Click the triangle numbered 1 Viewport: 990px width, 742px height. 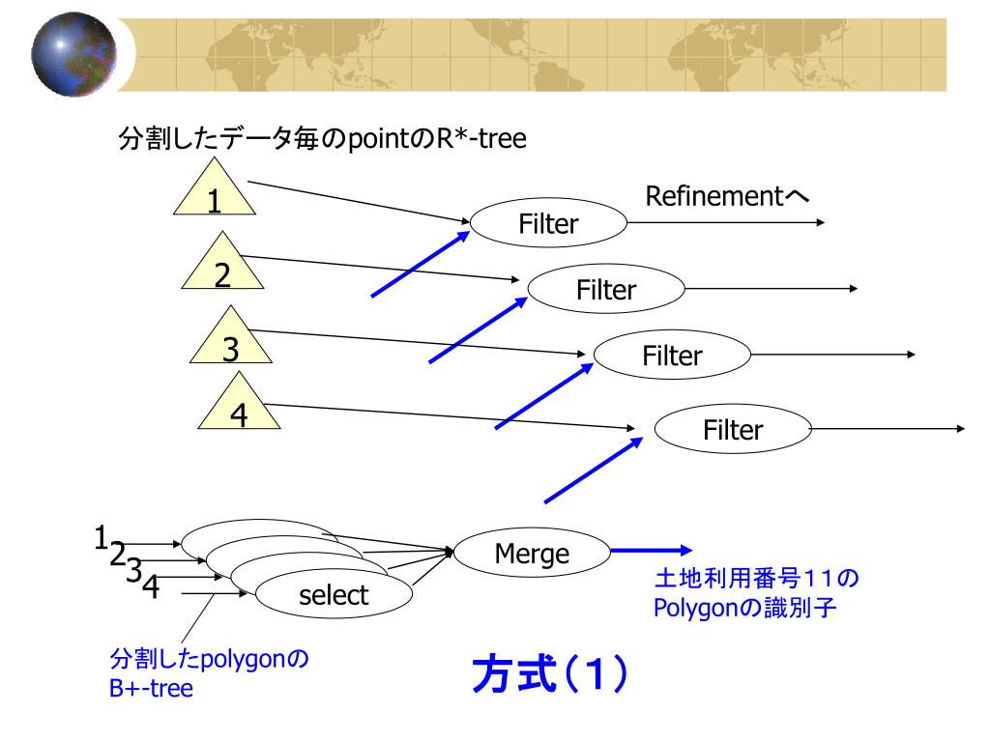click(x=214, y=192)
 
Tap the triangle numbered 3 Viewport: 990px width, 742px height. click(x=231, y=341)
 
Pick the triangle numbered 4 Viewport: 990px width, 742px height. click(x=239, y=407)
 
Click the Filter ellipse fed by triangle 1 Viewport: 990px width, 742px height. click(x=548, y=224)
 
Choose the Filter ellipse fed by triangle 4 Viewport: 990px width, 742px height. click(x=732, y=429)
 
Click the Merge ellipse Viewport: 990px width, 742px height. click(x=532, y=554)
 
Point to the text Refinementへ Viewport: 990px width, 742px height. click(x=726, y=197)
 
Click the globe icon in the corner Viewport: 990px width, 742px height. click(x=73, y=57)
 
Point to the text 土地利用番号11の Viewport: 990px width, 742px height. click(x=757, y=579)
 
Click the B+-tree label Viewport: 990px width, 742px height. click(x=151, y=689)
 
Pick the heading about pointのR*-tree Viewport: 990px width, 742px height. click(x=322, y=139)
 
